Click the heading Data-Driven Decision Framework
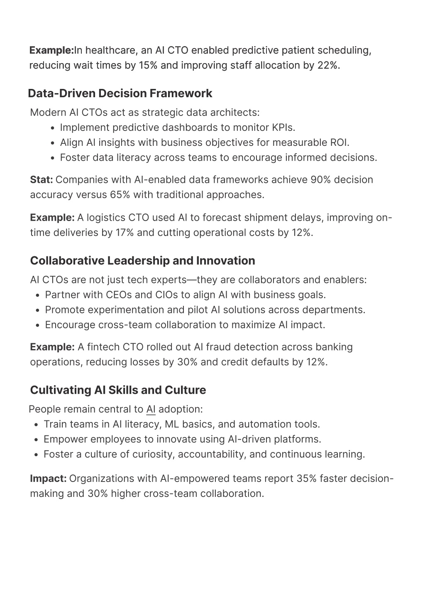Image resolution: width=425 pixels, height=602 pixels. tap(120, 93)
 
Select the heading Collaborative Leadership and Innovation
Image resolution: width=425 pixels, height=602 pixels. tap(142, 261)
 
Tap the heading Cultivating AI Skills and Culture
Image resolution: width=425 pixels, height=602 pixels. tap(118, 390)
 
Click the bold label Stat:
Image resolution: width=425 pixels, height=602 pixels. tap(41, 180)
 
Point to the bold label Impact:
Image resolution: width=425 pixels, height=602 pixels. tap(48, 479)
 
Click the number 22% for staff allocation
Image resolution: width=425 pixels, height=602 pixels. tap(327, 66)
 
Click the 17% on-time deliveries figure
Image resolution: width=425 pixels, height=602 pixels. tap(125, 233)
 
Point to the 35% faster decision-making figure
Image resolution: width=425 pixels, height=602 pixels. tap(307, 479)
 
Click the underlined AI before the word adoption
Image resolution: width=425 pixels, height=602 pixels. tap(151, 410)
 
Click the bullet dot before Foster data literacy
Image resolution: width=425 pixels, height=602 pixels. tap(53, 158)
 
